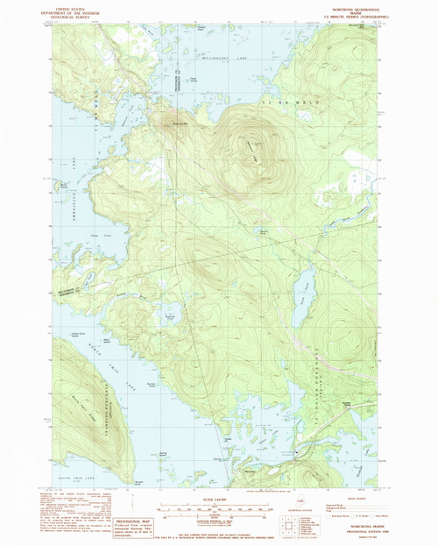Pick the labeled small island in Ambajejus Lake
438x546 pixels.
[62, 186]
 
